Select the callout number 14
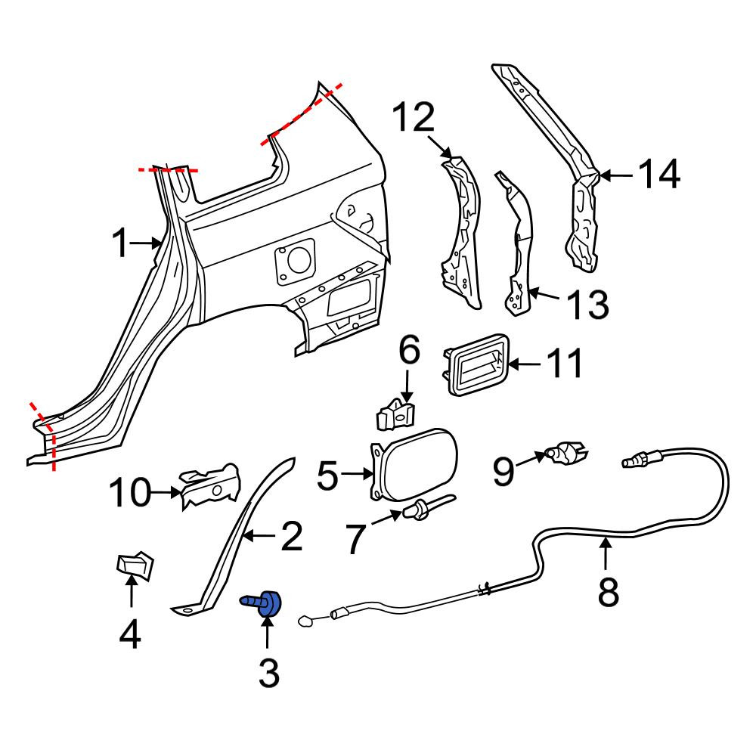point(659,174)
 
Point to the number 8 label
point(608,592)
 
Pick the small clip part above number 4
point(135,565)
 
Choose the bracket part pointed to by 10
point(209,486)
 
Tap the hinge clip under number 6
point(395,414)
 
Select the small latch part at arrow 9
point(565,453)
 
